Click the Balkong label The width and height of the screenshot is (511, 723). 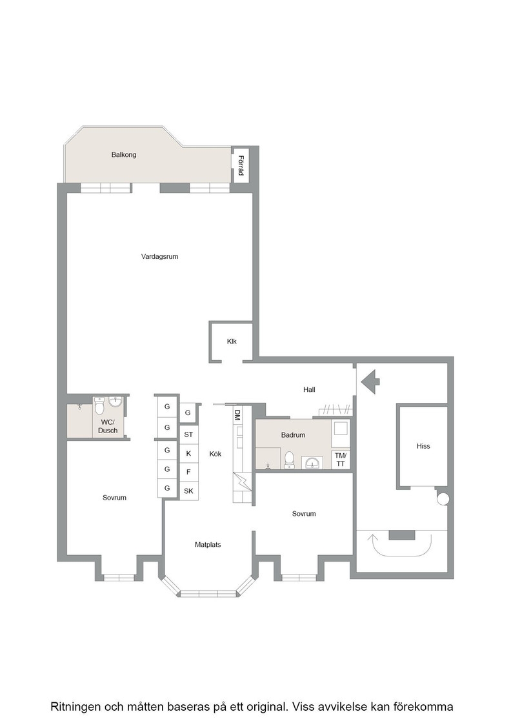[123, 155]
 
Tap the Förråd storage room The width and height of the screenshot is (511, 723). [240, 165]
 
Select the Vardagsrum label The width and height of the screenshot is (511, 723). [159, 256]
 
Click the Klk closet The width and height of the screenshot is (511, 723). [232, 341]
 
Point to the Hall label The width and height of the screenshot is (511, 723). [309, 390]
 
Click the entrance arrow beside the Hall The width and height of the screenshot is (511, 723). [370, 382]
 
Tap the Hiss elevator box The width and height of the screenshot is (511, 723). [423, 446]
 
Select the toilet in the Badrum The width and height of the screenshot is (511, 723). [289, 460]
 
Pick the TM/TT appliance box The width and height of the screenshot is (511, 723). [340, 460]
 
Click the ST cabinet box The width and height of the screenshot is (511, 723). [188, 434]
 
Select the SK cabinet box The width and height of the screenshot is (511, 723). [188, 491]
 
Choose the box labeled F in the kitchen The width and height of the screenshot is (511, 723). [188, 472]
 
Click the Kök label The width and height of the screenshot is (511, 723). [215, 454]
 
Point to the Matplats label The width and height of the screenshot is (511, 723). [208, 545]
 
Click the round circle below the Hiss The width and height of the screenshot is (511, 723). [443, 498]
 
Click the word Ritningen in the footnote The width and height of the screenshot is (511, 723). [74, 706]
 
